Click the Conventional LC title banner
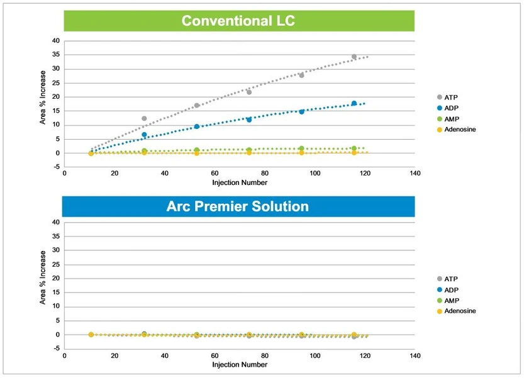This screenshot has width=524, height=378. pos(238,21)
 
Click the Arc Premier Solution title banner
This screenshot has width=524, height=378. pos(238,206)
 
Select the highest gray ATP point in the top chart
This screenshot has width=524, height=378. pos(354,57)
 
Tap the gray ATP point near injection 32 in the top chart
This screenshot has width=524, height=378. pos(144,118)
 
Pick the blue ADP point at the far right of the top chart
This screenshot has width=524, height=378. pos(354,103)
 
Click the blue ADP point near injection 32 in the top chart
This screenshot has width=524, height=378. pos(144,135)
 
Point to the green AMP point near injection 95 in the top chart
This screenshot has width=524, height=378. pos(301,148)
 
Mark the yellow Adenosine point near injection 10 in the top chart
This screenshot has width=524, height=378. pos(91,153)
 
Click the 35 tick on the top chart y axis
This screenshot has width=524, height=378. pos(55,55)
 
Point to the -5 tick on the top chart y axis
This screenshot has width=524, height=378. pos(55,167)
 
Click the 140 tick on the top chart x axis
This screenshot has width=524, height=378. pos(414,174)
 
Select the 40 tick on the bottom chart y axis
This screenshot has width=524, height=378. pos(55,223)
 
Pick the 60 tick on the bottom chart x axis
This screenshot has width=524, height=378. pos(215,355)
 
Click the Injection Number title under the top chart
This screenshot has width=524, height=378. pos(239,183)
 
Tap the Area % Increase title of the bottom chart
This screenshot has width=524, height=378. pos(43,278)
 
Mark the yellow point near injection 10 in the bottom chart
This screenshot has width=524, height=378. pos(91,335)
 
